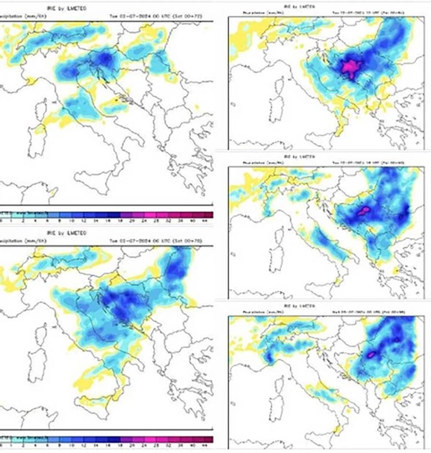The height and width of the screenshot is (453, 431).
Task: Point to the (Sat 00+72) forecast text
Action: [197, 16]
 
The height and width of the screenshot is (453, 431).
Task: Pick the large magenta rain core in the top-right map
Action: [351, 68]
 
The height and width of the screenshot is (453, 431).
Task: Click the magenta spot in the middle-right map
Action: [363, 210]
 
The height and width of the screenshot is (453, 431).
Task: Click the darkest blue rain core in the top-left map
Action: [103, 58]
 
